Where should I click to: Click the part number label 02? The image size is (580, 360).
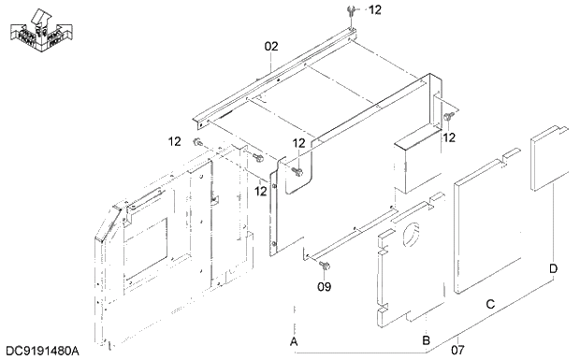pyautogui.click(x=271, y=46)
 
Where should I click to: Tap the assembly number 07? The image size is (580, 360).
pyautogui.click(x=457, y=350)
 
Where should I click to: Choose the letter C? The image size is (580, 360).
pyautogui.click(x=489, y=304)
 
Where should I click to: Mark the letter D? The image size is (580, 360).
pyautogui.click(x=554, y=269)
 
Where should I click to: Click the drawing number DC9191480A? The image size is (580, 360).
pyautogui.click(x=42, y=350)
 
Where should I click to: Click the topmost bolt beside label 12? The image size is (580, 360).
pyautogui.click(x=349, y=10)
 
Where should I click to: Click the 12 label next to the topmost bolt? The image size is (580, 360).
pyautogui.click(x=374, y=10)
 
